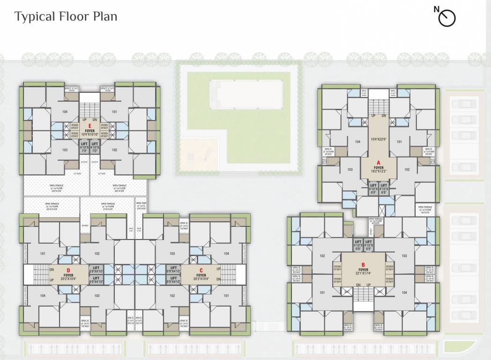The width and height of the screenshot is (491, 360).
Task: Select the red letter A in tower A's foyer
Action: coord(378,163)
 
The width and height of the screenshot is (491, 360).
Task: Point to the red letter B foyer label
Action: coord(363,264)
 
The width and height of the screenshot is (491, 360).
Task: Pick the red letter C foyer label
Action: coord(201,270)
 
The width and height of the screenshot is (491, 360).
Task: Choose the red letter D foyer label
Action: coord(68,270)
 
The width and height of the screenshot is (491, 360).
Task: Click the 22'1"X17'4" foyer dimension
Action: coord(363,274)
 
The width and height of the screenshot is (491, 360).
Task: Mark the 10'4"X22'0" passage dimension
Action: coord(378,139)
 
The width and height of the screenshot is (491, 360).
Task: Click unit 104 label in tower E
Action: coord(65,112)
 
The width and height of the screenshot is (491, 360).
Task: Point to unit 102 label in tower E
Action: coord(114,150)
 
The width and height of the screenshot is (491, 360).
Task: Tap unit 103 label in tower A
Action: coord(350,170)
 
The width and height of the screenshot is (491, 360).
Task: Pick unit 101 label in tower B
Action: coord(322,292)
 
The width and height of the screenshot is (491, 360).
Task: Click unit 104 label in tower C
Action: coord(227,254)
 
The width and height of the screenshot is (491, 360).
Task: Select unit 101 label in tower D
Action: coord(43,254)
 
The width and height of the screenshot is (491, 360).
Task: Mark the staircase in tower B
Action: coord(363,295)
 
